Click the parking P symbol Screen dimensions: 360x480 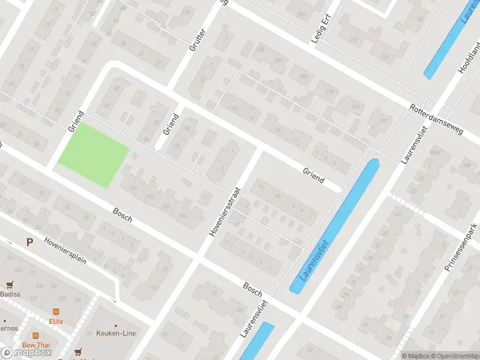pyautogui.click(x=29, y=242)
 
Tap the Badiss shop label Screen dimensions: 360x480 pyautogui.click(x=10, y=294)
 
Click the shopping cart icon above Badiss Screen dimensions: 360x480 pyautogui.click(x=10, y=284)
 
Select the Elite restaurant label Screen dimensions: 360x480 pyautogui.click(x=56, y=322)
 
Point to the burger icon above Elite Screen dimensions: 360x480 pyautogui.click(x=56, y=311)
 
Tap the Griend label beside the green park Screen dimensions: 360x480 pyautogui.click(x=75, y=121)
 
